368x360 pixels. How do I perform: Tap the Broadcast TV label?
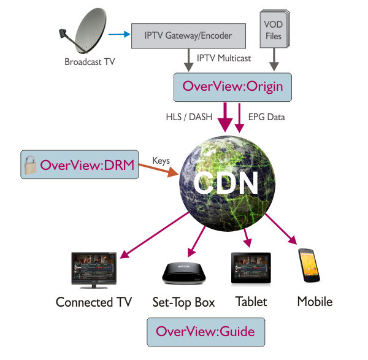pos(90,62)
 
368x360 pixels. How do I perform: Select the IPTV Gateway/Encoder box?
pos(189,36)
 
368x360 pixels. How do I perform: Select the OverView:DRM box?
pos(78,164)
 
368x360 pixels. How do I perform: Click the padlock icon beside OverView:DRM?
pos(29,164)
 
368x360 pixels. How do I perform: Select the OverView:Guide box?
pos(205,332)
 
